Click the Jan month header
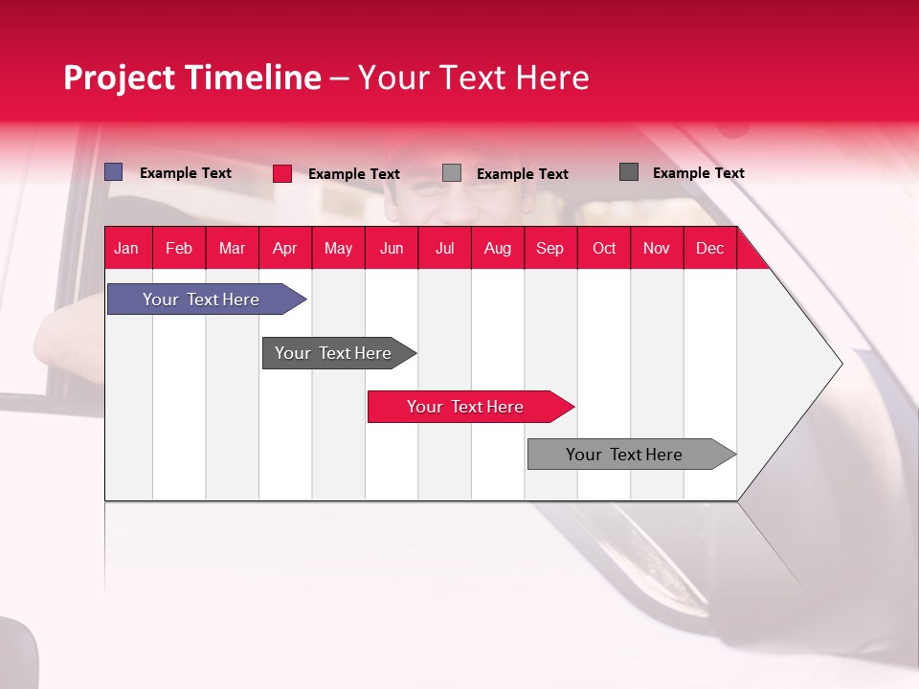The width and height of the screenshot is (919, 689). pos(126,248)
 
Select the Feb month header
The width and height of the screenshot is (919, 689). pos(179,248)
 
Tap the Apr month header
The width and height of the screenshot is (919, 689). pos(284,248)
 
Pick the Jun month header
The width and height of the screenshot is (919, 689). pos(392,248)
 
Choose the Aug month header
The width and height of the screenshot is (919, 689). pos(497,248)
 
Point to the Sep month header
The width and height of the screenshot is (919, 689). pos(549,248)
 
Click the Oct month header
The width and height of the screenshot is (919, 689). pos(604,248)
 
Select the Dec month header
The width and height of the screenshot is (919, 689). pos(709,248)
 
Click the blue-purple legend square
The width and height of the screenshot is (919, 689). pos(114,172)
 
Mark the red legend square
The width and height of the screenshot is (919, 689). pos(282,173)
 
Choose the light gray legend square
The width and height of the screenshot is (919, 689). pos(452,173)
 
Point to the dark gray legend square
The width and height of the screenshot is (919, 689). pos(629,172)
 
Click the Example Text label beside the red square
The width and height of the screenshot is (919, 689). pos(353,174)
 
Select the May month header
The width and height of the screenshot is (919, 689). pos(338,248)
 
